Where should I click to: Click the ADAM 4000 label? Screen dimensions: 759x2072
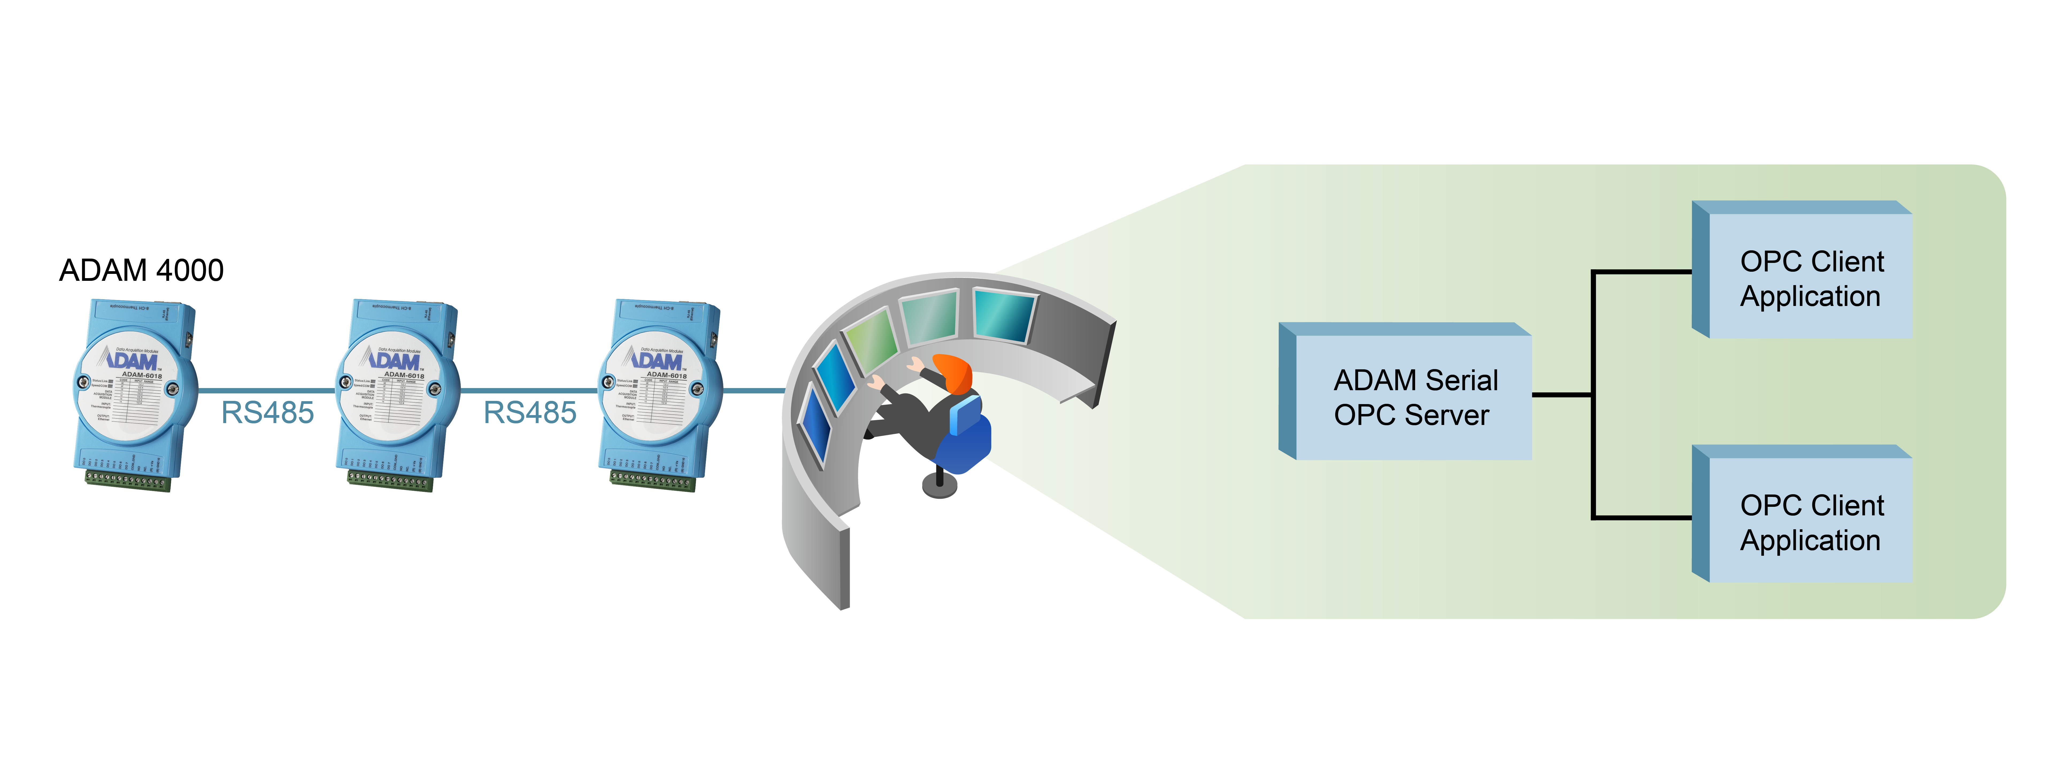(142, 270)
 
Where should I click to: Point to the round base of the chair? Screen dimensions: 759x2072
(939, 486)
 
